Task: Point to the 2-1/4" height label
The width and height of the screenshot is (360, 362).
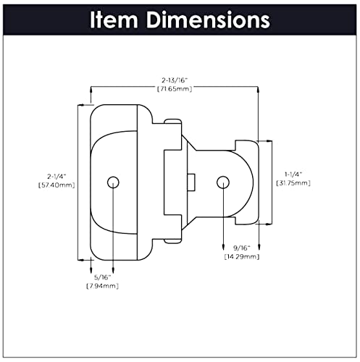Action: (56, 176)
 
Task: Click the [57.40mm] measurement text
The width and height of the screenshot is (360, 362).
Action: (56, 185)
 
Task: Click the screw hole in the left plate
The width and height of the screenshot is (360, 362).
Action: (112, 180)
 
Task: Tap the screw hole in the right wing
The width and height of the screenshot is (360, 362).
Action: (223, 180)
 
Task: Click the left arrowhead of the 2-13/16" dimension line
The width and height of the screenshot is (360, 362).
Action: (90, 90)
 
